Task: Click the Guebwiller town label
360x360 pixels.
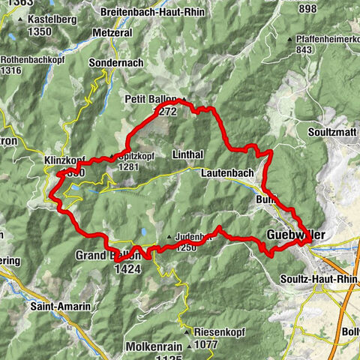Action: click(x=296, y=235)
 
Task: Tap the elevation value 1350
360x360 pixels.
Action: click(x=37, y=31)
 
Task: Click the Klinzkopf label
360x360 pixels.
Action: click(x=64, y=160)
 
